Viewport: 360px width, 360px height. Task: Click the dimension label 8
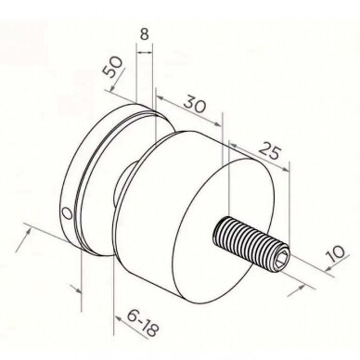(x=144, y=34)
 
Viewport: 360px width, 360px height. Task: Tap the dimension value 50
(x=113, y=67)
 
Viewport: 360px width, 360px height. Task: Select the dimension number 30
(x=195, y=104)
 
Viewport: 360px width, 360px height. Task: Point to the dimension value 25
(x=270, y=150)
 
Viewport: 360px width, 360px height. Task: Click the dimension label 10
(x=334, y=254)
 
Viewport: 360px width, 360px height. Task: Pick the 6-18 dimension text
(x=143, y=323)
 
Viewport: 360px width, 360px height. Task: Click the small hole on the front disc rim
(x=67, y=212)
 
